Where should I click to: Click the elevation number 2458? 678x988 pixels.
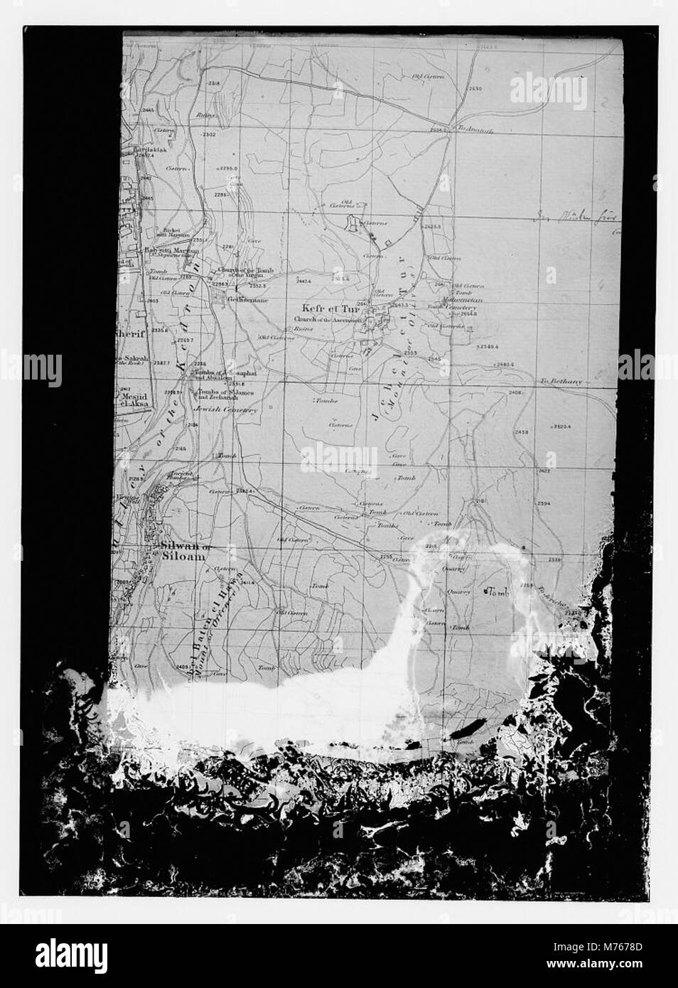[522, 432]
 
